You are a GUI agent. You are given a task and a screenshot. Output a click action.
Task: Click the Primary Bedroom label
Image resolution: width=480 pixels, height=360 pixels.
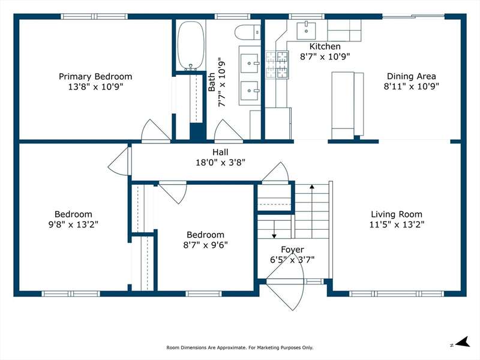click(95, 76)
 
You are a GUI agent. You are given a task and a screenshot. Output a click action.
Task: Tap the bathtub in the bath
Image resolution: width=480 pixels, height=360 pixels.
click(191, 46)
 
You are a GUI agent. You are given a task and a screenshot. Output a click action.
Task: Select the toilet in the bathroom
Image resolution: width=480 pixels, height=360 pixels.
click(248, 32)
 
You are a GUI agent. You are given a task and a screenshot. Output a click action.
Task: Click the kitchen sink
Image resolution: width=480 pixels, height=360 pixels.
click(306, 31)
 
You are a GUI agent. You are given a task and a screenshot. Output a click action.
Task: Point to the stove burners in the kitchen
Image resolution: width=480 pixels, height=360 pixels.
click(277, 65)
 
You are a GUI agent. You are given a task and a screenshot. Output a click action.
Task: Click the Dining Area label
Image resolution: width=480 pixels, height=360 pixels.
click(411, 76)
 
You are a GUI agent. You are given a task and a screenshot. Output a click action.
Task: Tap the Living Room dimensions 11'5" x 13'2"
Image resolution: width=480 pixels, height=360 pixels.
click(397, 224)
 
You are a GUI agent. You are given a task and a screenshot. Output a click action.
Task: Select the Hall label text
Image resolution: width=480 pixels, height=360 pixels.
click(220, 152)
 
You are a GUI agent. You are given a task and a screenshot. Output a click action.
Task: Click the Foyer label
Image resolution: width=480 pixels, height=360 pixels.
click(292, 250)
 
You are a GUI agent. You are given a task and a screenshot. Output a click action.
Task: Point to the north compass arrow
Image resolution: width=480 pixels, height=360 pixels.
click(463, 342)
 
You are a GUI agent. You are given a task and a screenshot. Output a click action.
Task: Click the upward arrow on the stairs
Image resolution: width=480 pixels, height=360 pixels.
click(312, 211)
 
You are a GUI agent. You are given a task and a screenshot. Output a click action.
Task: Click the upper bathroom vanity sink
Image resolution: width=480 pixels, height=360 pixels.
click(249, 64)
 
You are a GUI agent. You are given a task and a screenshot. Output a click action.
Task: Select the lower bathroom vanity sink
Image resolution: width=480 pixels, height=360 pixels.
click(249, 91)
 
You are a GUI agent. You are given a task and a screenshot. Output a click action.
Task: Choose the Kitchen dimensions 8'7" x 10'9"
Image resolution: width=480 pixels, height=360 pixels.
click(325, 56)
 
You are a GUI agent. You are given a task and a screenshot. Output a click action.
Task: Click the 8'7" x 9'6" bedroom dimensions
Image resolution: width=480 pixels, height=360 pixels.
click(205, 245)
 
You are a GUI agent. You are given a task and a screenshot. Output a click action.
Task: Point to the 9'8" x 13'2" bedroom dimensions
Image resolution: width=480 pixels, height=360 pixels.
click(73, 224)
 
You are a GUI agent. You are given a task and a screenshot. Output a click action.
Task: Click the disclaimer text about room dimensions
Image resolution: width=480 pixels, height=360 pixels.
click(239, 347)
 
